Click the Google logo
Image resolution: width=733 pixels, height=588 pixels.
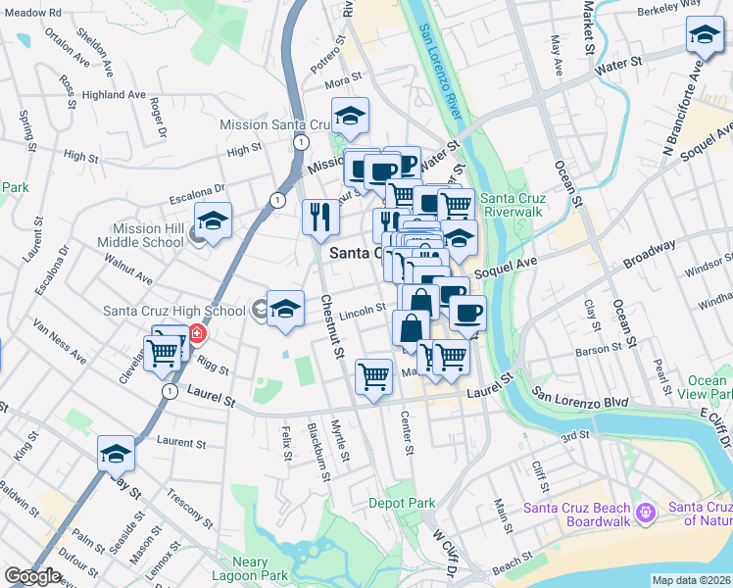point(32,576)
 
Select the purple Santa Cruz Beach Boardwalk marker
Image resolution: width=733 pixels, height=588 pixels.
point(645,513)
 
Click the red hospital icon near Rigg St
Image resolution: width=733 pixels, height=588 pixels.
point(198,333)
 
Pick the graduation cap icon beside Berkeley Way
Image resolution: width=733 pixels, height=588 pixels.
point(705,36)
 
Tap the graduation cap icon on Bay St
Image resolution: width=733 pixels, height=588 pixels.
point(116,453)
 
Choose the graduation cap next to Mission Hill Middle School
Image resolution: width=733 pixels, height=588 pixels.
point(213,221)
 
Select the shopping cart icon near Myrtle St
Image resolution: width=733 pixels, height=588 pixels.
point(373,376)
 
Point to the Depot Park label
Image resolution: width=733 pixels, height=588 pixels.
point(402,504)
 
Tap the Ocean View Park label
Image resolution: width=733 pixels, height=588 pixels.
point(707,387)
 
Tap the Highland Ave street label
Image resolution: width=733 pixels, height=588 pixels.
point(115,95)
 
